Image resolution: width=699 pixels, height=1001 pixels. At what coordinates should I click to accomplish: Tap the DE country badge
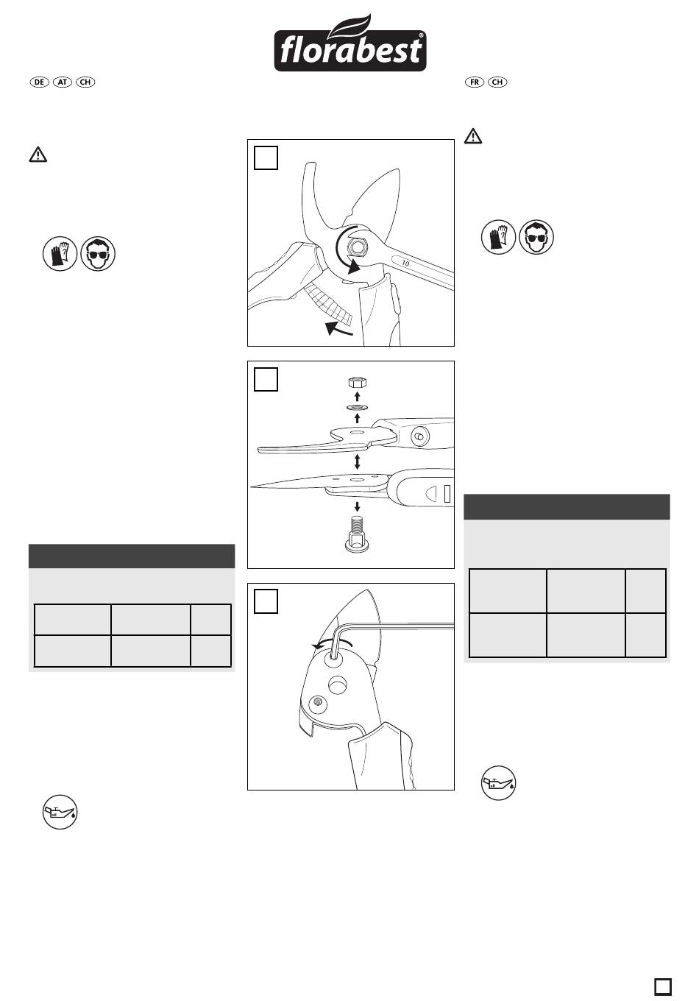coord(39,82)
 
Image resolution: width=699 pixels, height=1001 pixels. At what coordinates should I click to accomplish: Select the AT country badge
coord(62,82)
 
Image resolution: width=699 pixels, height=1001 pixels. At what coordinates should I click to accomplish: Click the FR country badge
coord(475,82)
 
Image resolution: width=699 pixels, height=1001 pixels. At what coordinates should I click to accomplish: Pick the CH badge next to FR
coord(497,82)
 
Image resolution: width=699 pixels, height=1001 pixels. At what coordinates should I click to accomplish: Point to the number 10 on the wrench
coord(405,263)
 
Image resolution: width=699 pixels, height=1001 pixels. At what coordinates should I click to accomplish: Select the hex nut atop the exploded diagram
coord(358,383)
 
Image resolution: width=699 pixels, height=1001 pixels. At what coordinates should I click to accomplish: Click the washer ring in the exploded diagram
coord(357,407)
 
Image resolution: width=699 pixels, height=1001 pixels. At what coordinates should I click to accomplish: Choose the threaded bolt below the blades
coord(358,534)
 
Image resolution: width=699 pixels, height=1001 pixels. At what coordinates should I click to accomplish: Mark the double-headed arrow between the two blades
coord(357,461)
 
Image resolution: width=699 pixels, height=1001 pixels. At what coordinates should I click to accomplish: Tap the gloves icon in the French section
coord(498,237)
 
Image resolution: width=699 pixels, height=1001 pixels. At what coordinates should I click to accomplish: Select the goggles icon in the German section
coord(99,253)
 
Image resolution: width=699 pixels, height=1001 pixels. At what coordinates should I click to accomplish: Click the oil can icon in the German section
coord(60,812)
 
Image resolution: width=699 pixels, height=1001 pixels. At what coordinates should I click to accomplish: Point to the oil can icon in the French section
coord(498,783)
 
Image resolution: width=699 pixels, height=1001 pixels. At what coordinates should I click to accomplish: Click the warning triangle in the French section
coord(473,136)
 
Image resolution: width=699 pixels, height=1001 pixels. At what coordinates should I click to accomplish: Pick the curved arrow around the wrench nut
coord(346,253)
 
